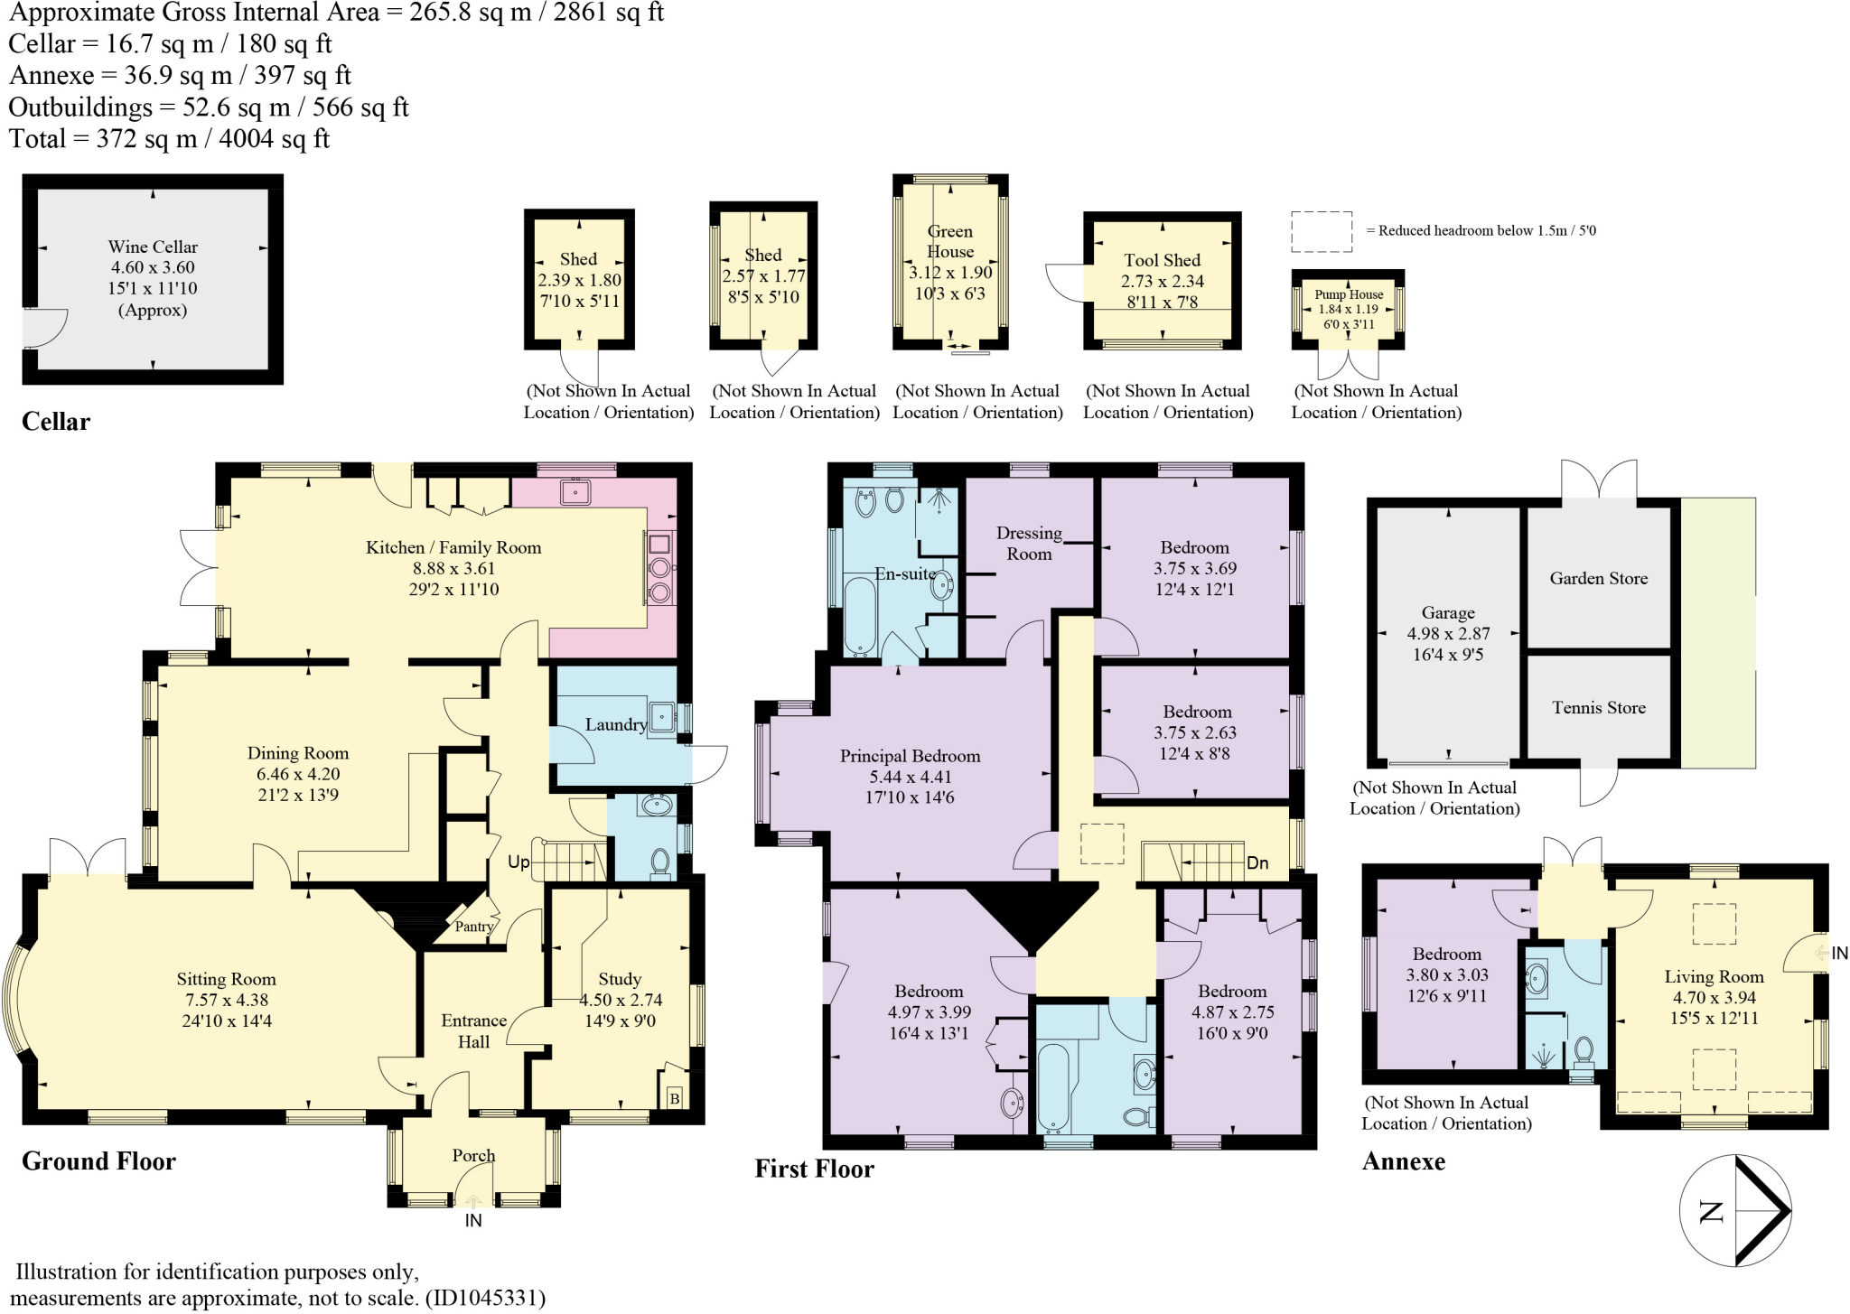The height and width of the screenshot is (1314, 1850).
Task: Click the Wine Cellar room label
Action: [153, 247]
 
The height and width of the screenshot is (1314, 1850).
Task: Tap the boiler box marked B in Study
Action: [673, 1098]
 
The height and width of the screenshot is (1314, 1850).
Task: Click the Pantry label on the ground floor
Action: [473, 927]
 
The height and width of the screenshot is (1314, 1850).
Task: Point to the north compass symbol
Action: [1734, 1211]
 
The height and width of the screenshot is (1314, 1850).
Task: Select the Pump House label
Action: [1349, 294]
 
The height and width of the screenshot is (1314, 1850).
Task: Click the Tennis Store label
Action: [1598, 708]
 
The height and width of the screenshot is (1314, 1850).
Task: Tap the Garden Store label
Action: [1598, 579]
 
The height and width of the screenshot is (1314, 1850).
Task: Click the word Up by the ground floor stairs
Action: [519, 862]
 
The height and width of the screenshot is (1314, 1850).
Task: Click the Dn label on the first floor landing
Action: [1257, 863]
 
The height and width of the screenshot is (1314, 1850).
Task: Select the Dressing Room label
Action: [1029, 544]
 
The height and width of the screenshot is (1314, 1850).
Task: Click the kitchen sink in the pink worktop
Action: [575, 492]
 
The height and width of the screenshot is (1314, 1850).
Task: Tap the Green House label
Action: [950, 241]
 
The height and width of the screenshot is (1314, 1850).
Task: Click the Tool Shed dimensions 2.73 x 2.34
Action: [1163, 282]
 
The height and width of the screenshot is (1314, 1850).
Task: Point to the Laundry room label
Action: [615, 724]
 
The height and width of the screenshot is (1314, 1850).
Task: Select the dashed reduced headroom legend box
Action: [1322, 231]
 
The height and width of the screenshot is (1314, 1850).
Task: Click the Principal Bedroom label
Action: [910, 756]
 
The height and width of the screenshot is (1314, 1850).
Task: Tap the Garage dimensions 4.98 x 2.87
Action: [1448, 634]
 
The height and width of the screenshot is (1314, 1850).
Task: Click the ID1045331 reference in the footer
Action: [485, 1299]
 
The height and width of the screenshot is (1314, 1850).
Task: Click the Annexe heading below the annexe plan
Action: [1403, 1161]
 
